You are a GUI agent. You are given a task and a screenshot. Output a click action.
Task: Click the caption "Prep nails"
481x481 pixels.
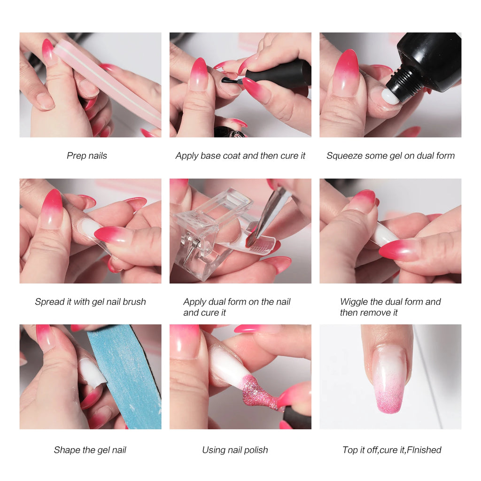87,155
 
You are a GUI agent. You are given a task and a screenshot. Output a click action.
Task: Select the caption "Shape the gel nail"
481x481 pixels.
90,450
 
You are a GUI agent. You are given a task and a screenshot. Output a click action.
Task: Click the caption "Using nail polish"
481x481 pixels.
235,450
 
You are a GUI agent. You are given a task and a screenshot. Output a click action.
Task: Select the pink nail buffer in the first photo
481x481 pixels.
108,83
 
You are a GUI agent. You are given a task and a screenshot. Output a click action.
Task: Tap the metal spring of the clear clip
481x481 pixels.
194,248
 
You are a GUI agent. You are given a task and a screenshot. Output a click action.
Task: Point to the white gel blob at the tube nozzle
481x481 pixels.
390,96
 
